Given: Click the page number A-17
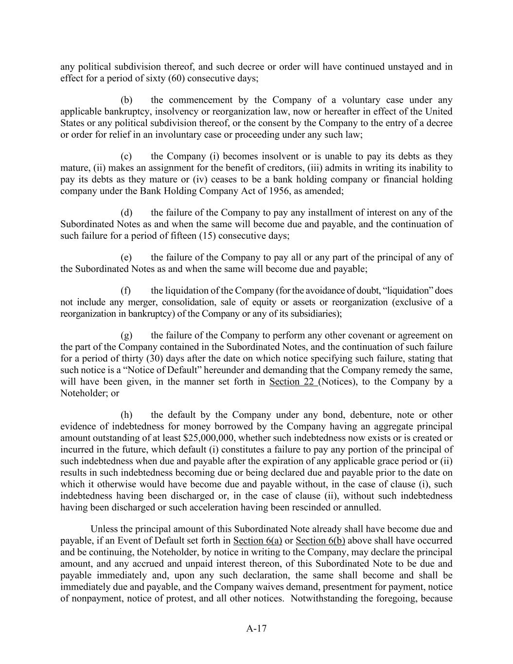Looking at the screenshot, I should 256,628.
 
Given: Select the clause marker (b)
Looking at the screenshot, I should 126,100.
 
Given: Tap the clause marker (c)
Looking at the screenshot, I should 126,157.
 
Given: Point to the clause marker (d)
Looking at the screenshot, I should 126,213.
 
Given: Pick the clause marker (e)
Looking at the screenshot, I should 126,257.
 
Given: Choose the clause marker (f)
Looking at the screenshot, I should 126,291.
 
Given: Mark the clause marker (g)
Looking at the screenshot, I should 126,336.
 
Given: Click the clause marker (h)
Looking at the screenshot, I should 126,415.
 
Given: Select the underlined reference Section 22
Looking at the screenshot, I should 293,381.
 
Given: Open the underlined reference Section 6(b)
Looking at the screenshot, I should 320,541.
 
